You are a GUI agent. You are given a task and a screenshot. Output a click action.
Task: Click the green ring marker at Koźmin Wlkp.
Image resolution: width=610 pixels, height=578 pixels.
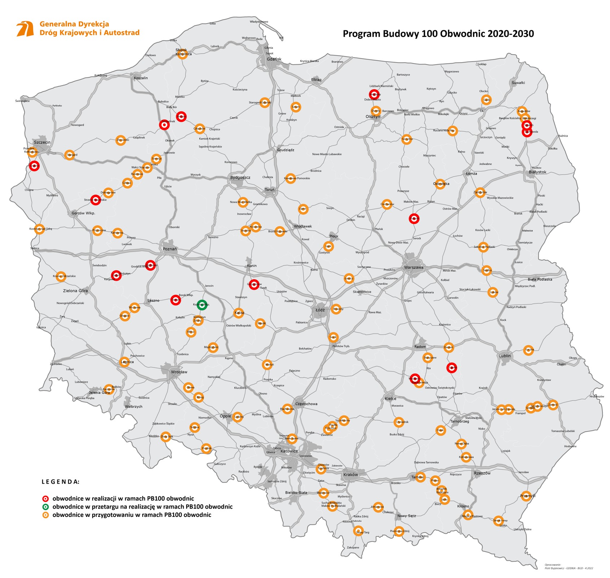202,305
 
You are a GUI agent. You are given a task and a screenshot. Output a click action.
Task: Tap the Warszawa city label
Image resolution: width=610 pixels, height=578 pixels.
414,268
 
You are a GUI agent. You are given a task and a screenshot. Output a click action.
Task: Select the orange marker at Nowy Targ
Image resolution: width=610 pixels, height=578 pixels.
359,531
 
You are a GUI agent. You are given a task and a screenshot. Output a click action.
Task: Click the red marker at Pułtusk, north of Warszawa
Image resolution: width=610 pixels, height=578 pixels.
414,219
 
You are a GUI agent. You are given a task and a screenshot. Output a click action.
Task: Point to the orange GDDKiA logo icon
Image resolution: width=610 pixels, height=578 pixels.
25,29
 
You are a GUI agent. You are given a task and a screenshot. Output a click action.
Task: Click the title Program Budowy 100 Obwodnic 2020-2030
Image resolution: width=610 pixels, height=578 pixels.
438,34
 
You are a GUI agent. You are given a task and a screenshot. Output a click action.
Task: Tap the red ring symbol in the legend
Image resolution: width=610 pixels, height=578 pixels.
45,499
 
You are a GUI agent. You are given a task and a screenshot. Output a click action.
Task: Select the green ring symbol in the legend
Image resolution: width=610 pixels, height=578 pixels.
45,507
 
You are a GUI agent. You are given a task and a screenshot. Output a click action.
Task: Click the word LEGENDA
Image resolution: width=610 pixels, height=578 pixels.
60,482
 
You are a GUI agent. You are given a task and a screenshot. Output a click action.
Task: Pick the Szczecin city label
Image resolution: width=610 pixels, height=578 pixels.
42,142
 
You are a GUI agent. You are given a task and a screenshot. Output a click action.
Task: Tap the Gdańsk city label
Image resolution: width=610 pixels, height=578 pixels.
274,59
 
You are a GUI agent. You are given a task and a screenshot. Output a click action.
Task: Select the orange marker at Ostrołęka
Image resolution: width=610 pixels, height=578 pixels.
440,184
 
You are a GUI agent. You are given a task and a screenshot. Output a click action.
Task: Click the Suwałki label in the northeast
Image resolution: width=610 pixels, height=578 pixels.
518,83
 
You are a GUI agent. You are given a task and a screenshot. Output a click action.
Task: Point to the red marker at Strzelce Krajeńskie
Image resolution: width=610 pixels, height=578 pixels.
95,199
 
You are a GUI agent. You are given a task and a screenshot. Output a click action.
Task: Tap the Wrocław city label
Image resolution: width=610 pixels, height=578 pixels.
179,372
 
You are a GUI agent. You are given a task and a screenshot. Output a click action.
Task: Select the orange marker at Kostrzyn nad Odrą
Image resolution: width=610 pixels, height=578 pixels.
39,229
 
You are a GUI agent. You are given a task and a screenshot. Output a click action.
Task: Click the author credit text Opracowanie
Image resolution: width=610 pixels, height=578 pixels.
553,564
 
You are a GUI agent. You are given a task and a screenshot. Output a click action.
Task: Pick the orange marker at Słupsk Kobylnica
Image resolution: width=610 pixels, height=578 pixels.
183,54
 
